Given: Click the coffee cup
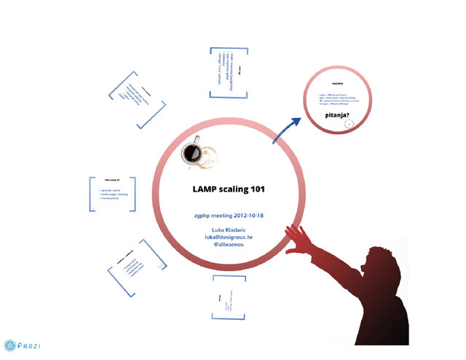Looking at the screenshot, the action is point(193,152).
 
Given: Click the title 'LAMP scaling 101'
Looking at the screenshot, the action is point(228,189).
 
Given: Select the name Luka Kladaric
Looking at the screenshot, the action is point(228,230).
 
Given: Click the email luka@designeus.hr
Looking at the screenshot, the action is point(228,237).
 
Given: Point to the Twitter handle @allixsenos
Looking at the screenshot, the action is point(228,245).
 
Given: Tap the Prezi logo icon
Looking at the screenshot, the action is point(9,345).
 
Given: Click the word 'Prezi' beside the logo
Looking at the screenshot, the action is point(29,345).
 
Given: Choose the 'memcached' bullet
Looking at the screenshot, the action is point(111,199).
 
